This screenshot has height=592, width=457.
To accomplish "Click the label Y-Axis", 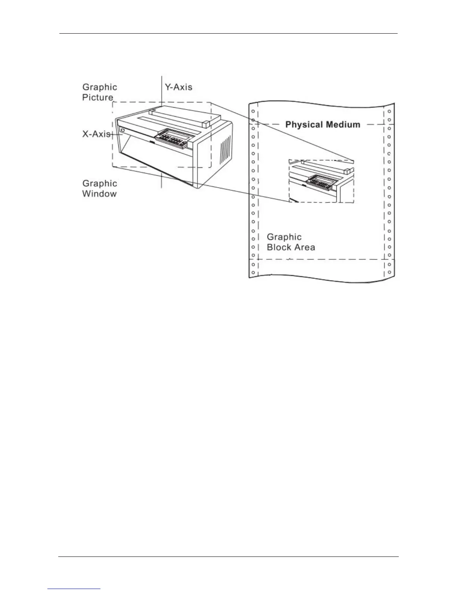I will (x=178, y=87).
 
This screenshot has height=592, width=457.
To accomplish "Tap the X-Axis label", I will (x=96, y=134).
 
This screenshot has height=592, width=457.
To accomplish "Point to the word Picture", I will (x=97, y=98).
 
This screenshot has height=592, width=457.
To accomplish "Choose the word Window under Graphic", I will (x=99, y=194).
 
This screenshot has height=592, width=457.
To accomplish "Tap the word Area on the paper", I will (x=305, y=247).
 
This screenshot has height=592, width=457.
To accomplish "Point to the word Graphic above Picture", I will (x=99, y=87).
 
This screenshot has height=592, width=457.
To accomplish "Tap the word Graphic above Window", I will (x=99, y=184).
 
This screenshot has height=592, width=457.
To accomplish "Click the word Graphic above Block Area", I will (x=284, y=237).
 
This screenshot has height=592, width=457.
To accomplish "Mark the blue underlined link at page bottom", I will (x=74, y=589).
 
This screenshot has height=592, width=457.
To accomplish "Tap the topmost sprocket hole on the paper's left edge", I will (x=253, y=111).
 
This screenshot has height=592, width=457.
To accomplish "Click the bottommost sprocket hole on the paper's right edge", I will (x=389, y=272).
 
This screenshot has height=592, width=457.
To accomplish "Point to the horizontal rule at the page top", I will (x=228, y=34).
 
